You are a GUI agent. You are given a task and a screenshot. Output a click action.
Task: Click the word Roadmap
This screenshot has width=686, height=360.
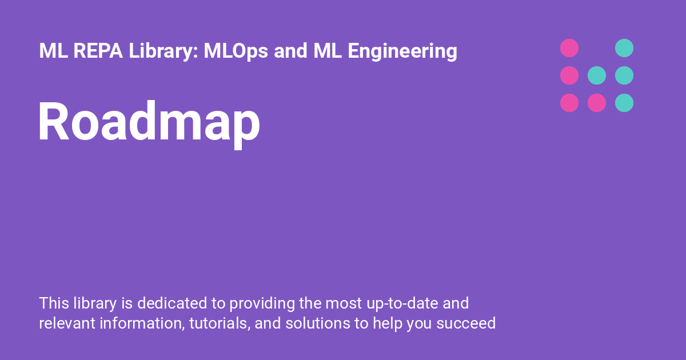pos(149,122)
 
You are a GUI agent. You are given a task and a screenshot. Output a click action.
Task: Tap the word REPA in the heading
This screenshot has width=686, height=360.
pos(98,50)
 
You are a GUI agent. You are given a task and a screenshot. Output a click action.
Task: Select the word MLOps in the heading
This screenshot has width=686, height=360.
pos(236,50)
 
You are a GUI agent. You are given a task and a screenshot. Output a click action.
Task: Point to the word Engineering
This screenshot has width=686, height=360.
pos(402,51)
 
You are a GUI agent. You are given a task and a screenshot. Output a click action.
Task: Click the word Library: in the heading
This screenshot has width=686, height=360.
pos(163,51)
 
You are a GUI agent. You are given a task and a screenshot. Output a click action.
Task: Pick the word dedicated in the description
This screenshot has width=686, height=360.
pos(172,303)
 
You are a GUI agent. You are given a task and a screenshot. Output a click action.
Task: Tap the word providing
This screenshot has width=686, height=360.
pos(262,303)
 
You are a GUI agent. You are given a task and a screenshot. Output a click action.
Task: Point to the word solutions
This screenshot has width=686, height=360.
pos(318,323)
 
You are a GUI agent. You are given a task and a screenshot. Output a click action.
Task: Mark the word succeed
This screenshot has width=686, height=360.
pos(466,323)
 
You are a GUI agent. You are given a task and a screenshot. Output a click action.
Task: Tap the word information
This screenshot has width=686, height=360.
pos(142,324)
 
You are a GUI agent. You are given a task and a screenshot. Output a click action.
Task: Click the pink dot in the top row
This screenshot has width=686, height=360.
pos(569,48)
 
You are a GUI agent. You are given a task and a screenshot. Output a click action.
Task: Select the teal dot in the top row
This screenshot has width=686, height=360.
pos(624,48)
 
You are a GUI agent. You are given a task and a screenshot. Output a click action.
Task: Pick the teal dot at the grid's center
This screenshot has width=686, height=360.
pos(597,75)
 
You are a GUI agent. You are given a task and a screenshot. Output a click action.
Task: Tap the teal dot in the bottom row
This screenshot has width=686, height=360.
pos(624,103)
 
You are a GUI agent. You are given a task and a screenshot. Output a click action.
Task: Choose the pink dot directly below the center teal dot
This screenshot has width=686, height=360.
pos(597,103)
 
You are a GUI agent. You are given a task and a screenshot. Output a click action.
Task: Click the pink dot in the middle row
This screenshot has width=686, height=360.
pos(569,75)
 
